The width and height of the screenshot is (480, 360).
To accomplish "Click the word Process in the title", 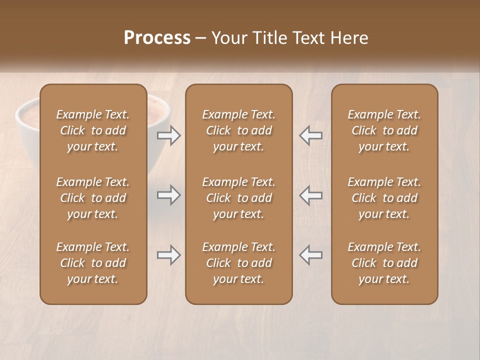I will coord(157,38).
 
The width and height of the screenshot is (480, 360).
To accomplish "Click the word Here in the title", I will coord(349,38).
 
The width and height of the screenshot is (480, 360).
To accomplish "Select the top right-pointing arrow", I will coord(169,135).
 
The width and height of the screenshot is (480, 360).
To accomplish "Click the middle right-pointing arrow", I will coord(169,195).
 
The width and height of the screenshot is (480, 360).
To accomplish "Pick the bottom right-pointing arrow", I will coord(169,255).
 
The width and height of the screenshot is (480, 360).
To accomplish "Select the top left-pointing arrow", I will coord(310,135).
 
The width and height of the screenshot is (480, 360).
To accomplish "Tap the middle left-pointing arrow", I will coord(310,195).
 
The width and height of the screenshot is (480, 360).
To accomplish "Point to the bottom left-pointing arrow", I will coord(310,255).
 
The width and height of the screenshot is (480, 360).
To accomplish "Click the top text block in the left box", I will coord(93,130).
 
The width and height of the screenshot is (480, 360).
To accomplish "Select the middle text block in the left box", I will coord(93,198).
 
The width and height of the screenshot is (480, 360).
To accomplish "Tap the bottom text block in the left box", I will coord(93,263).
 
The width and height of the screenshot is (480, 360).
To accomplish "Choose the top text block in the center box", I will coord(238,130).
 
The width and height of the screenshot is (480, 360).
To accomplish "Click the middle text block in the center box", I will coord(238,198).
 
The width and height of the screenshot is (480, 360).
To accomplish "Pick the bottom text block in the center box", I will coord(238,263).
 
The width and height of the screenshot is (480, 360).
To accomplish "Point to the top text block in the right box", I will coord(384,130).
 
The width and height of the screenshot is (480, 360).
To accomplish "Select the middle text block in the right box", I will coord(384,198).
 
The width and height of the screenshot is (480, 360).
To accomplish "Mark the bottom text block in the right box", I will coord(384,263).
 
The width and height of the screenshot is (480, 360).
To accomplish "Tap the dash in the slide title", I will coord(201,38).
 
